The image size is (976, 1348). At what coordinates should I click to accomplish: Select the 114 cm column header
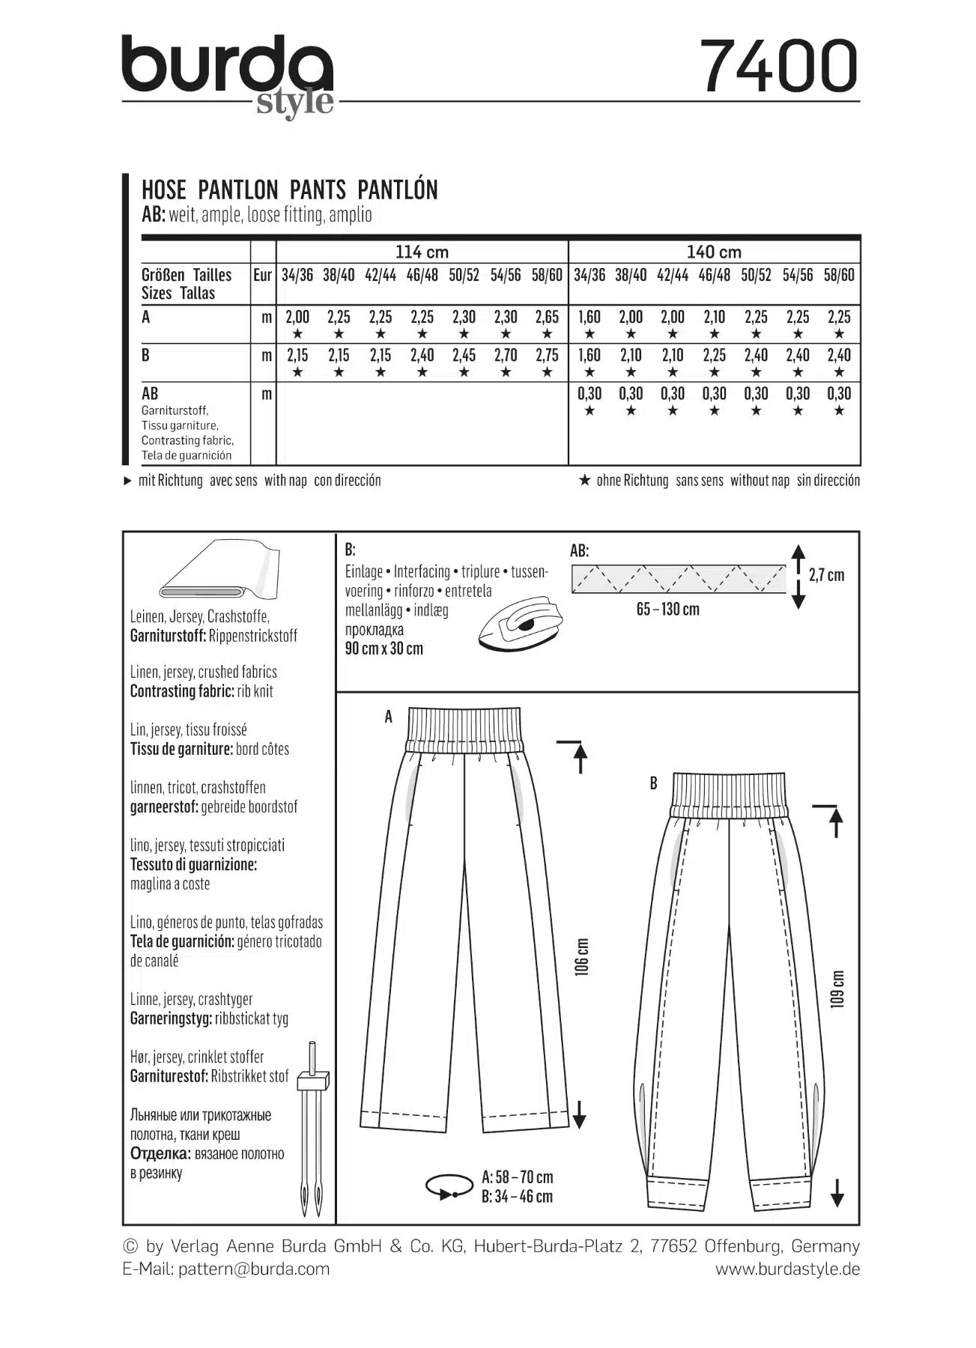coord(422,252)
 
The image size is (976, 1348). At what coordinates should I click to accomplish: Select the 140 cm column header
coord(714,252)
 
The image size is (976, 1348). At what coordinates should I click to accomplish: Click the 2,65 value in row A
coord(547,318)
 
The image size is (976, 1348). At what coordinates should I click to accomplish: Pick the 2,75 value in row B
coord(547,356)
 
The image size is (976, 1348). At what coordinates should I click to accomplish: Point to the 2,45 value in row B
coord(464,356)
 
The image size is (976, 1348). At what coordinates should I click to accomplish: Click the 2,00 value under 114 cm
coord(297,318)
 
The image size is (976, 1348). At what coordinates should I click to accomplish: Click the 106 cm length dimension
coord(582,956)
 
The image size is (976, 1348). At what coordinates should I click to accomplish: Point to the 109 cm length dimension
coord(837,989)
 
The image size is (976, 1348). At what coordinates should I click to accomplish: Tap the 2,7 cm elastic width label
coord(826,575)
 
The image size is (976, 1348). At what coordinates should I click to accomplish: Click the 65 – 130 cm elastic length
coord(668,610)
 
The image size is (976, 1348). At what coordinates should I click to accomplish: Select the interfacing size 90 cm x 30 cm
coord(384,649)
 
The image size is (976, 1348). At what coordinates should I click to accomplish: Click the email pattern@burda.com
coord(254,1269)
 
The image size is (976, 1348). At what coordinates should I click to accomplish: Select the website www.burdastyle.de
coord(787,1269)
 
